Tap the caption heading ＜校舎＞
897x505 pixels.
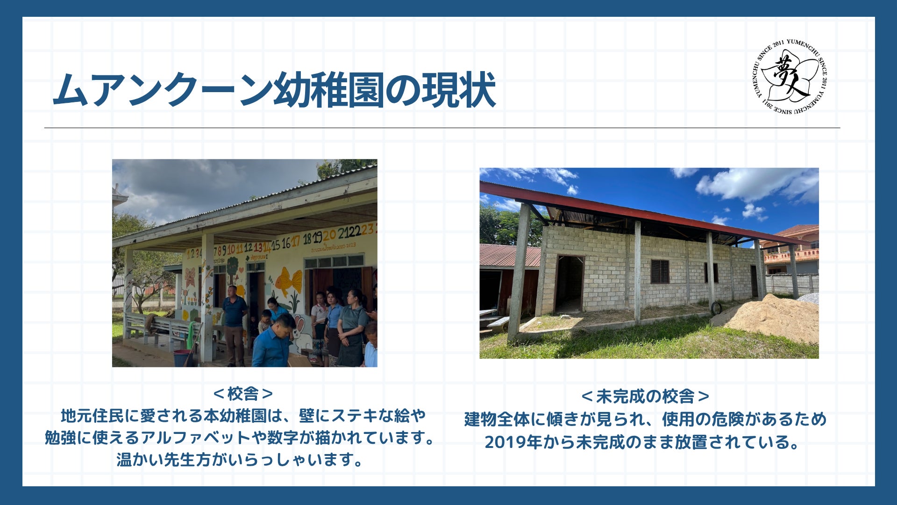pos(243,394)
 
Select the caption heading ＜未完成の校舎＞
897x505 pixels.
pos(645,397)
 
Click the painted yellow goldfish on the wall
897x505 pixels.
pos(289,281)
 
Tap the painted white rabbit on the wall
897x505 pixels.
pos(299,333)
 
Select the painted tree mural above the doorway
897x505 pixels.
pos(232,267)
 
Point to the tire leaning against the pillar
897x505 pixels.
pos(716,308)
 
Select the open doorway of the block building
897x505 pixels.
pos(569,283)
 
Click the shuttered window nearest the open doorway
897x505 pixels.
pos(660,271)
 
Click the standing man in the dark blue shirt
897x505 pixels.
pos(234,325)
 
